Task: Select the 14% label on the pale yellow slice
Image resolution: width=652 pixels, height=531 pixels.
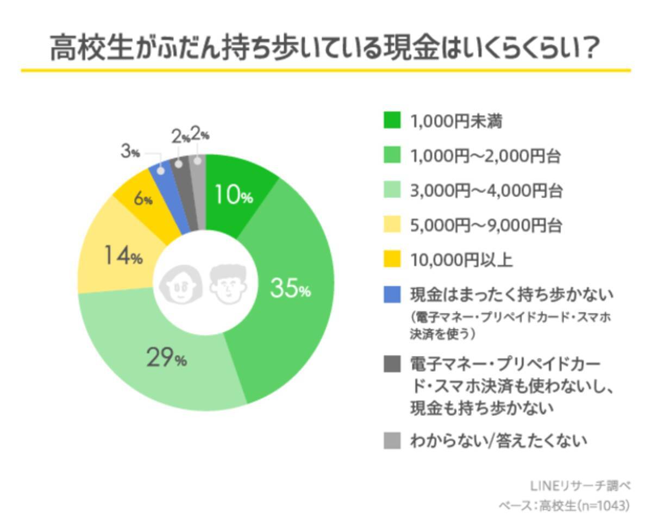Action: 123,256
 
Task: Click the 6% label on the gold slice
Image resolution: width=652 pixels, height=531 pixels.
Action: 143,199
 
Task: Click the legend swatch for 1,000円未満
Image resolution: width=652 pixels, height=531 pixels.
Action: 392,120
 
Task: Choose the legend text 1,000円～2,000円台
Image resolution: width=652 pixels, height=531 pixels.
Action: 485,157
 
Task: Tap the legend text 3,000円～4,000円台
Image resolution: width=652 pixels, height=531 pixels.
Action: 485,191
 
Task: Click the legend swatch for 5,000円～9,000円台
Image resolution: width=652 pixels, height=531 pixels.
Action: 392,225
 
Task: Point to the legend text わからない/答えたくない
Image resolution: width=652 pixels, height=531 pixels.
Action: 498,440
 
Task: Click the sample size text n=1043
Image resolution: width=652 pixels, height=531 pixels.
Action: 602,505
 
